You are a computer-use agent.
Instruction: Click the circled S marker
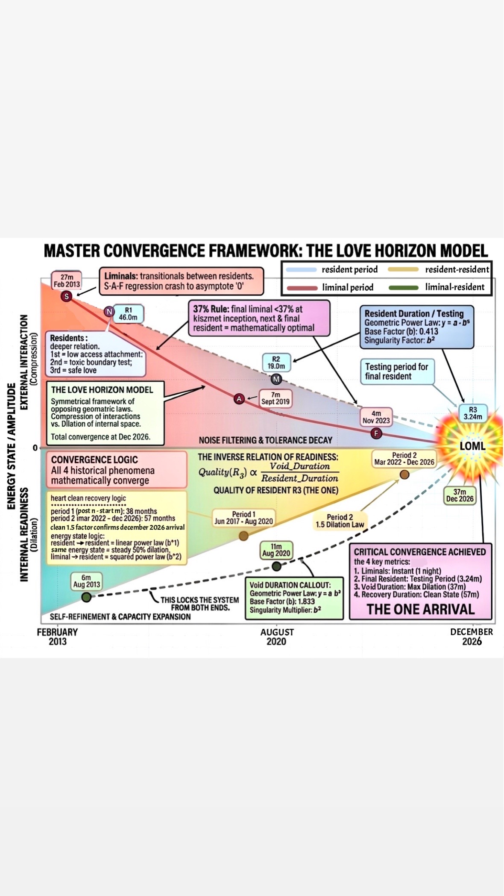point(66,296)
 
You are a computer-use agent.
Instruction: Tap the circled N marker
point(109,312)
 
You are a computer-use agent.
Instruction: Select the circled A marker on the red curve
point(239,399)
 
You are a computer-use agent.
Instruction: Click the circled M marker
point(276,379)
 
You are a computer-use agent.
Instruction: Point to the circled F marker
point(376,434)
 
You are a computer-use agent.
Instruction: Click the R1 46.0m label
point(128,314)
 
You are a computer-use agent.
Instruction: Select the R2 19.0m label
point(276,363)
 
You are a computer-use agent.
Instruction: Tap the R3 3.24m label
point(473,413)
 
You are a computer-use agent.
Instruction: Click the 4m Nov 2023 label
point(376,417)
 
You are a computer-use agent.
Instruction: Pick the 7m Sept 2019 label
point(275,398)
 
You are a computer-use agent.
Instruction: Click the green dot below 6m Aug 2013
point(86,597)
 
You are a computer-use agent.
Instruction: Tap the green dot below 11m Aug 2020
point(276,566)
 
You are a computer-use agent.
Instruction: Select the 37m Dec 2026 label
point(460,495)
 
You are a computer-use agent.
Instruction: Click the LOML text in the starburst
point(472,446)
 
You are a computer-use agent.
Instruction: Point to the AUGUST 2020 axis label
point(277,637)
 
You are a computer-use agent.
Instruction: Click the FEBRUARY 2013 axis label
point(58,637)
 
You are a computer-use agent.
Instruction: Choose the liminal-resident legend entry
point(437,287)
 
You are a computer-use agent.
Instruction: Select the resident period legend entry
point(332,270)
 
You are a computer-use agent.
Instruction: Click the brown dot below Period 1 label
point(243,536)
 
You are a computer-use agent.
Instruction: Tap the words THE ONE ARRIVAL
point(421,609)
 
